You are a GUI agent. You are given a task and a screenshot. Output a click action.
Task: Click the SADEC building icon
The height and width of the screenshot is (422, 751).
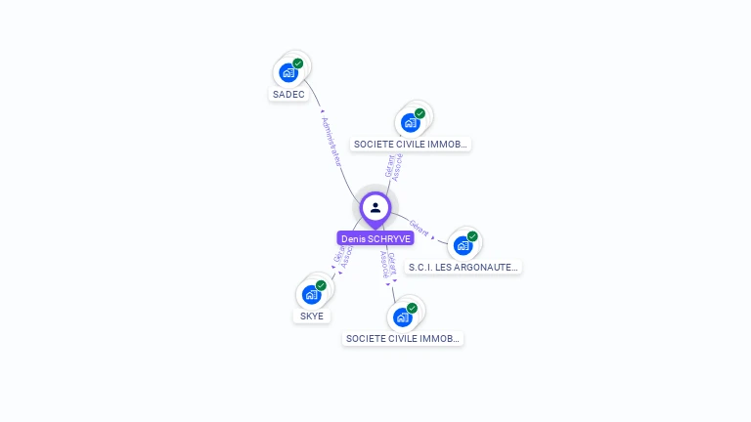287,72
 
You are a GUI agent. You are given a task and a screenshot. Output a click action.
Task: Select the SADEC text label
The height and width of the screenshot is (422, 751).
288,95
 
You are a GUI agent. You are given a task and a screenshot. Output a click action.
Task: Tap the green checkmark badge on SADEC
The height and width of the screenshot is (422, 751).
298,63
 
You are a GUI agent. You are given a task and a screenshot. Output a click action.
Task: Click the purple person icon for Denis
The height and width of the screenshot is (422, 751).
375,207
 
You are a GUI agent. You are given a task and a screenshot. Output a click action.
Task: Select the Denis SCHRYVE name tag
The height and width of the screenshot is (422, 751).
375,238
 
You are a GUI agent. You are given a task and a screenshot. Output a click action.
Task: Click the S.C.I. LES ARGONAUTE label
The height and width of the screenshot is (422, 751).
464,267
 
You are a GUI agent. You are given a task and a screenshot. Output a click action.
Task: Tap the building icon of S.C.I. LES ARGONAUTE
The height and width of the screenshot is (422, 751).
463,245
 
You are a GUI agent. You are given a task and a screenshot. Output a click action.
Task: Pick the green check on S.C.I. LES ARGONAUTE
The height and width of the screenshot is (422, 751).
472,236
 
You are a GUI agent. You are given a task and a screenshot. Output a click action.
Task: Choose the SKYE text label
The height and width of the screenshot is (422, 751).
312,316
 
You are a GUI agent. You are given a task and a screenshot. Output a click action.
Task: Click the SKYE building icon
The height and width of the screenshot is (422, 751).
311,294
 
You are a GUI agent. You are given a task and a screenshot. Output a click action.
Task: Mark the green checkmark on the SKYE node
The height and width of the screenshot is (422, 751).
321,285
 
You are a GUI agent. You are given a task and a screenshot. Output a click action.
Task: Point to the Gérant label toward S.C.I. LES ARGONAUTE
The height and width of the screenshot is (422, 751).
420,228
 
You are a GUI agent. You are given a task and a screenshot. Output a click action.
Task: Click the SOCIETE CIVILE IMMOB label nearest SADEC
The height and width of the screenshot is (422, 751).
411,145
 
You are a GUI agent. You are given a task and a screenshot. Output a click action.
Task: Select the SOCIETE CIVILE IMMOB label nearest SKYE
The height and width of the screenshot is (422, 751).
403,339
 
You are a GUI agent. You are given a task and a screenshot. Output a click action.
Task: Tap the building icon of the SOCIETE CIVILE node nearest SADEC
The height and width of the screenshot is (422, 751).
410,122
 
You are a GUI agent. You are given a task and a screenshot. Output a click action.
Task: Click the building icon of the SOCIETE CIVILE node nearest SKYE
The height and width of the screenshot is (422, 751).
402,316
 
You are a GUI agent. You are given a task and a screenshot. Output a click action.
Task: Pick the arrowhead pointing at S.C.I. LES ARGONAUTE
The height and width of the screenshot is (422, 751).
434,237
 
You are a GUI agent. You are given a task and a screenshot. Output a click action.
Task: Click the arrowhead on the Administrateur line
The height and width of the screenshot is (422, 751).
323,111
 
